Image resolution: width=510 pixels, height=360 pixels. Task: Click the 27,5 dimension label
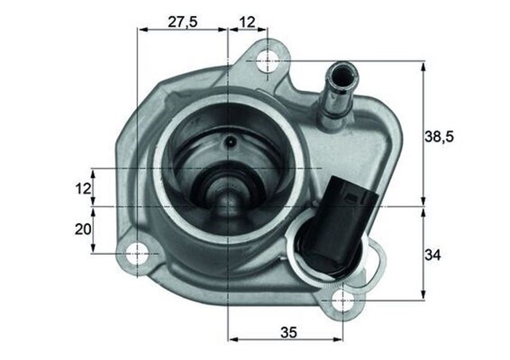tap(182, 22)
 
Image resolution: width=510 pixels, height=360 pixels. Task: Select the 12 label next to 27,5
tap(249, 22)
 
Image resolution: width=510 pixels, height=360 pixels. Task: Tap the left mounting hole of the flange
tap(138, 253)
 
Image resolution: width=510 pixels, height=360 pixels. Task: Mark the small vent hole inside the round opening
tap(229, 144)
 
